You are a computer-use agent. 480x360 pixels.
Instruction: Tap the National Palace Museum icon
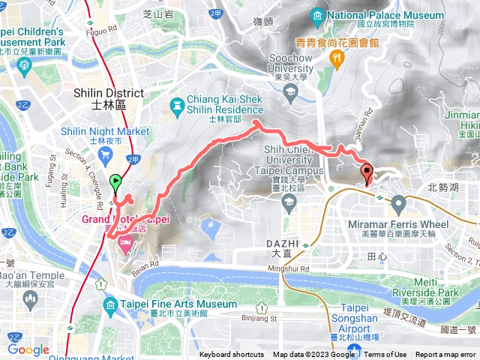tap(318, 16)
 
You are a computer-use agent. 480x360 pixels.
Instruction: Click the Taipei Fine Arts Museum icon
tap(111, 304)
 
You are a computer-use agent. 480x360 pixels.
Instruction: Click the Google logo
tap(28, 349)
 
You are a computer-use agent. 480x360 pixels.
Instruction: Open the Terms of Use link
tap(385, 355)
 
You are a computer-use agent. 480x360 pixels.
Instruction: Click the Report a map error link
tap(445, 355)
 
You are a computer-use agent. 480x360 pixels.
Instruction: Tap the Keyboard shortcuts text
tap(232, 355)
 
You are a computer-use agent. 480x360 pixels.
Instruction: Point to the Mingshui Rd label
tap(289, 268)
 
